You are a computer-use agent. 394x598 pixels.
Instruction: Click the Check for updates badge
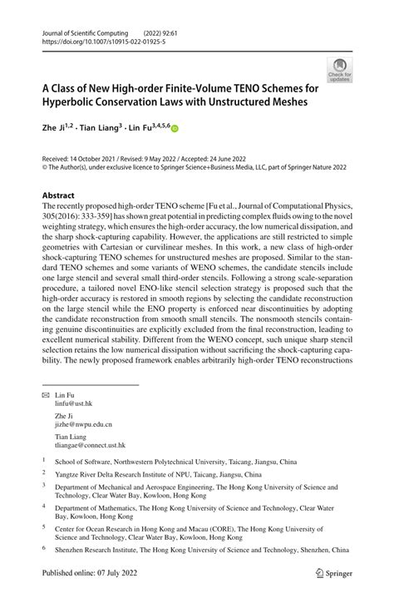coord(339,70)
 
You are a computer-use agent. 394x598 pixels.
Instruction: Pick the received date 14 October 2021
coord(97,157)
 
